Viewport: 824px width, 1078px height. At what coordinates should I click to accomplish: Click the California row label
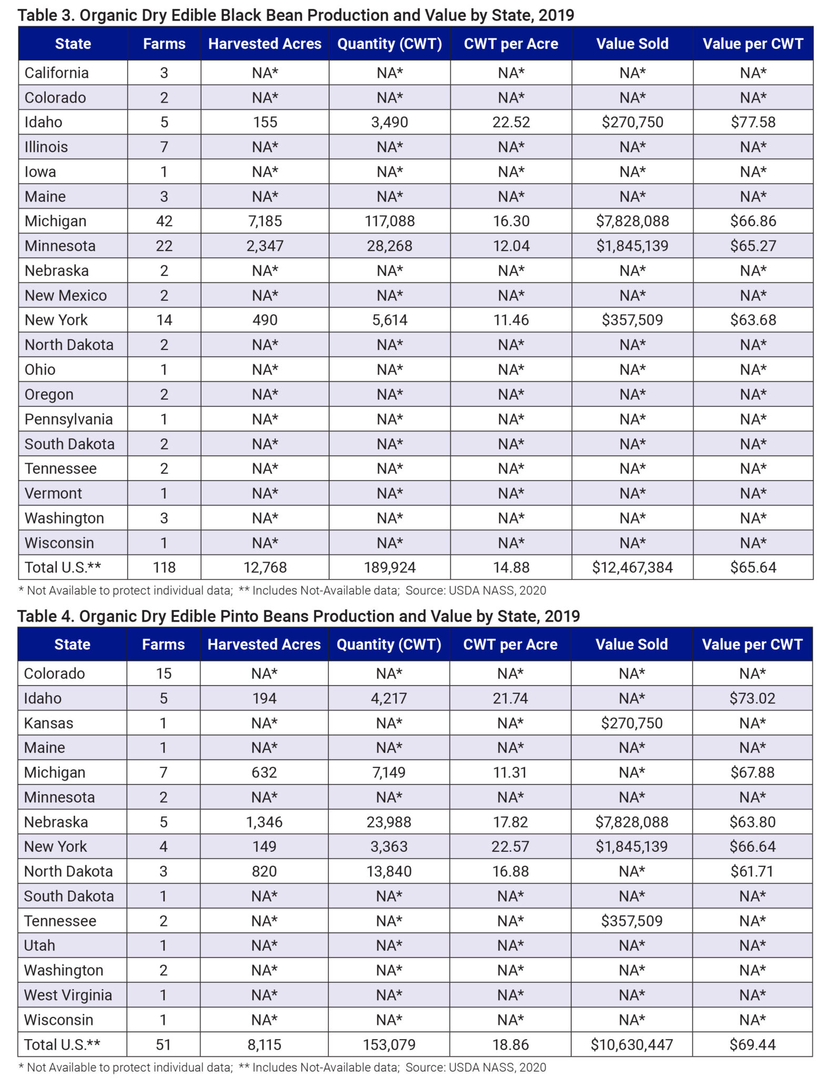pos(56,73)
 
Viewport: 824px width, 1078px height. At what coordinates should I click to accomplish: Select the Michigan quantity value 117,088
pos(389,221)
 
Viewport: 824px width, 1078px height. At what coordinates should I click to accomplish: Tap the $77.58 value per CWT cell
pos(753,122)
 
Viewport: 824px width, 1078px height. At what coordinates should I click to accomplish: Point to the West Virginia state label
pos(68,995)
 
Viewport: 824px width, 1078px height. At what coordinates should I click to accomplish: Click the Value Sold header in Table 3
pos(632,44)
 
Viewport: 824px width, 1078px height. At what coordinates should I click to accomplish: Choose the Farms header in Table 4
pos(163,644)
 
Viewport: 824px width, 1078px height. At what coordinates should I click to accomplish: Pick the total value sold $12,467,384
pos(632,567)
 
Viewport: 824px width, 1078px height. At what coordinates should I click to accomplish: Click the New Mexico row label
pos(66,295)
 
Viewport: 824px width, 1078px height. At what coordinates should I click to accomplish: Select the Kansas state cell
pos(48,723)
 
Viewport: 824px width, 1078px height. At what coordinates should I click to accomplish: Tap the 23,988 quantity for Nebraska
pos(389,822)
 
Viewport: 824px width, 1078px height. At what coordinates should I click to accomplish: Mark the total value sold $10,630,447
pos(631,1044)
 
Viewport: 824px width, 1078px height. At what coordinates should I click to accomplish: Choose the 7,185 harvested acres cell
pos(265,221)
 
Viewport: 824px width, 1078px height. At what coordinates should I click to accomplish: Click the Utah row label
pos(39,945)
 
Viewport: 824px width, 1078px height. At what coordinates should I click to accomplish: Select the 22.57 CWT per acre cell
pos(510,846)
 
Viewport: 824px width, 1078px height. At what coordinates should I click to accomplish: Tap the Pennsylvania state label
pos(68,419)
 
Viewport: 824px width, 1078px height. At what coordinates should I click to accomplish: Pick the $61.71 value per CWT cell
pos(752,871)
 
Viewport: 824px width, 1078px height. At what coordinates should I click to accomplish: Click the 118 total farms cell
pos(164,567)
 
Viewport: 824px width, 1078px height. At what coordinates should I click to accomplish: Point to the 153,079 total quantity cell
pos(389,1044)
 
